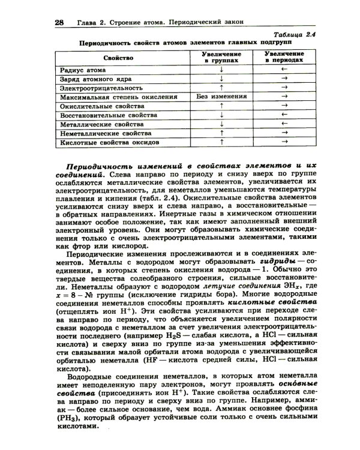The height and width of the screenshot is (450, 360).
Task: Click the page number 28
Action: tap(59, 22)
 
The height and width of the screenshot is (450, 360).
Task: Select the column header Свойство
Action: tap(118, 58)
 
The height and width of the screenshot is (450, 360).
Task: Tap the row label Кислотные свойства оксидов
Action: tap(109, 143)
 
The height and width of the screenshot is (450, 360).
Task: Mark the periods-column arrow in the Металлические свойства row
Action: tap(284, 124)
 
